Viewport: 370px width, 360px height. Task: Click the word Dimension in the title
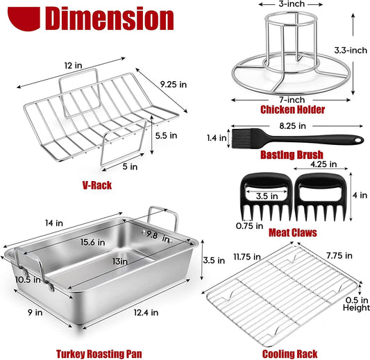109,19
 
